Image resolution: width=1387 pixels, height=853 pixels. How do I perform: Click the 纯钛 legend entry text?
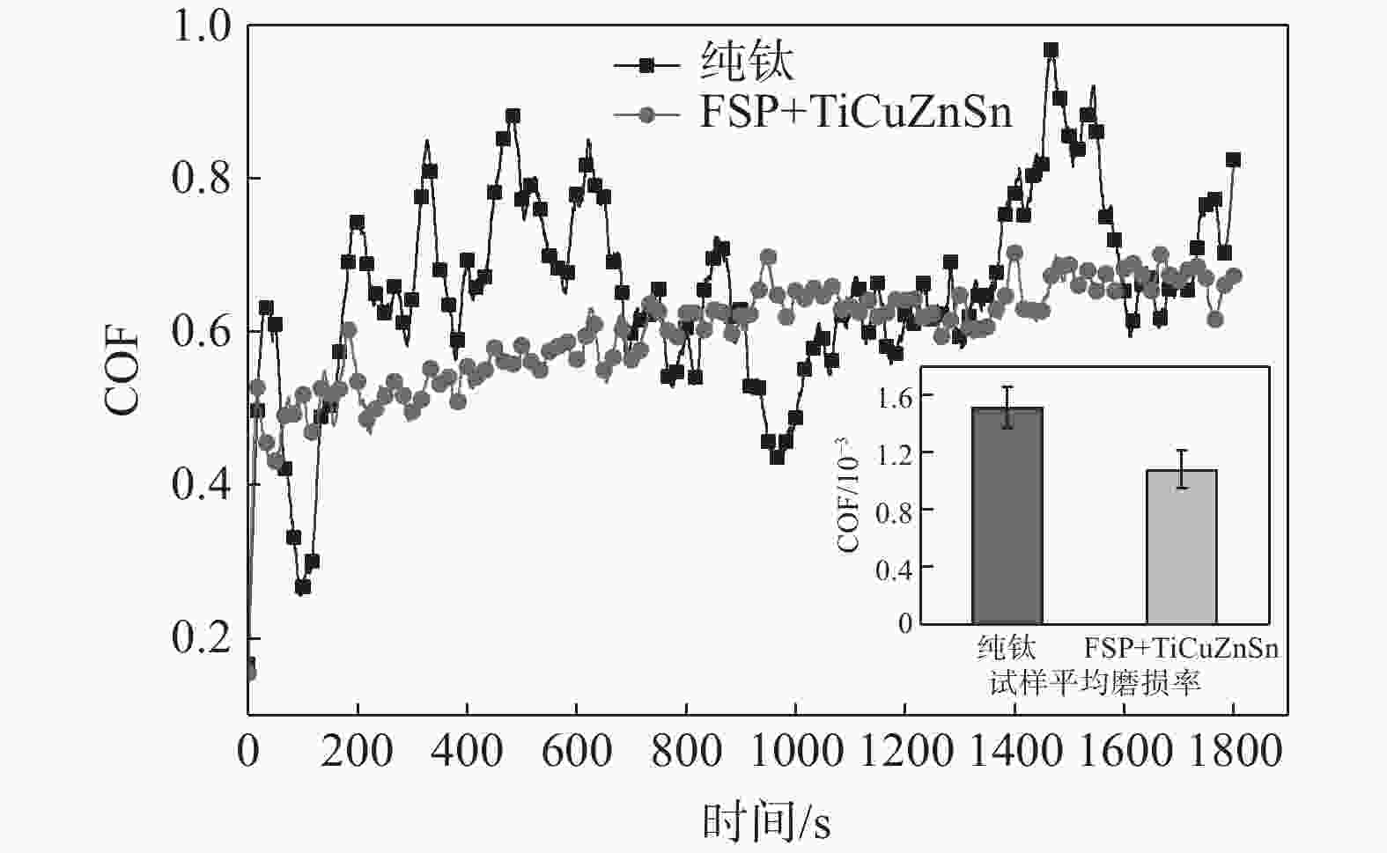747,63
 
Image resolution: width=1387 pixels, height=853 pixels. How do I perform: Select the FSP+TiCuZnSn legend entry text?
855,114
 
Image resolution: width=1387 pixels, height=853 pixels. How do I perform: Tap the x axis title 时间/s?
766,822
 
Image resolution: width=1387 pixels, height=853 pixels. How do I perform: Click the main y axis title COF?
122,370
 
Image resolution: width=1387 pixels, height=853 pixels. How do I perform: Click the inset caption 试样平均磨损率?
1094,682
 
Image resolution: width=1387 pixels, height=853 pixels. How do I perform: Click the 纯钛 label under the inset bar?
1007,649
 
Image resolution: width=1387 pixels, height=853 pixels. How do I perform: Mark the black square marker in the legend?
647,64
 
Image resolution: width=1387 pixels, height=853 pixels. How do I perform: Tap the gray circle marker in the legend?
647,114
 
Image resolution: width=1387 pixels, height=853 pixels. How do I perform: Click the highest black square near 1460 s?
1051,50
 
